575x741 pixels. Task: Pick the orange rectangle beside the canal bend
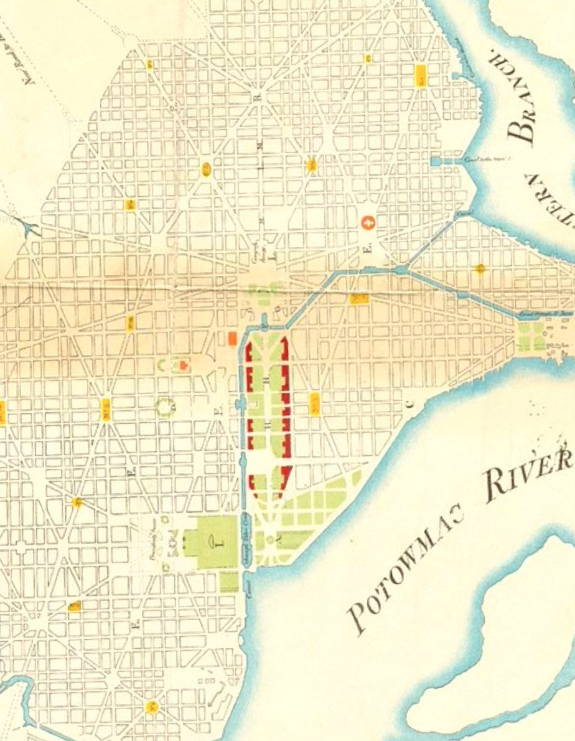(231, 338)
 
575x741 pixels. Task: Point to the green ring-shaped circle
(165, 407)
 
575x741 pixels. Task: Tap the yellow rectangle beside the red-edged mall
(314, 404)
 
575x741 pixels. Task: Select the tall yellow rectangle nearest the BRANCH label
(421, 75)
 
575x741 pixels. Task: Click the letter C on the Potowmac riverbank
(409, 403)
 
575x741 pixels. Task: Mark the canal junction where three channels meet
(400, 270)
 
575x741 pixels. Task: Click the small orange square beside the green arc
(184, 365)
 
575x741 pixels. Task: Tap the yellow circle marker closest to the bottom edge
(151, 707)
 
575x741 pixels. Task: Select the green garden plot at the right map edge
(533, 336)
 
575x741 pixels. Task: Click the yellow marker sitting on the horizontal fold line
(359, 298)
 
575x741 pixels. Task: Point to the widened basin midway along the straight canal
(241, 405)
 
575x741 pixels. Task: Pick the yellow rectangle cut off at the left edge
(2, 412)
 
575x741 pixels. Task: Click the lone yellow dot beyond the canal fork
(479, 269)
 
